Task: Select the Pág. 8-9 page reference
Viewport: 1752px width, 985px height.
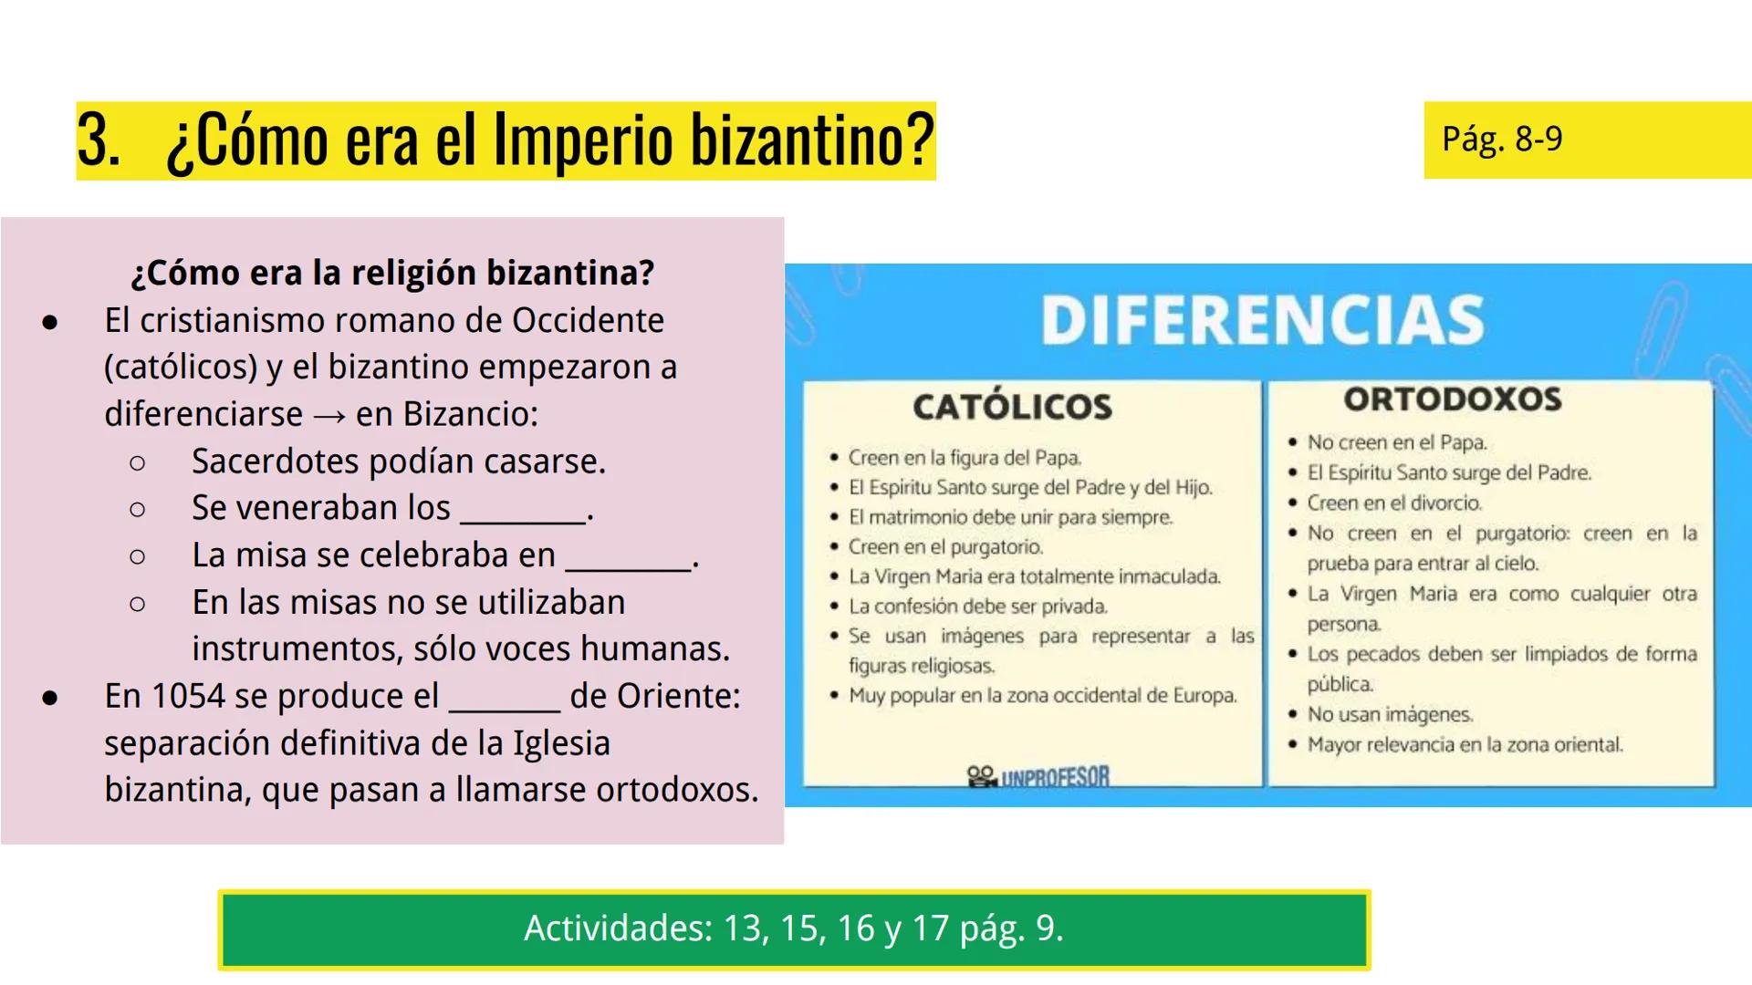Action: pos(1502,140)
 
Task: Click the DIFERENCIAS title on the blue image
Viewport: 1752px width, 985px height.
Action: pos(1263,320)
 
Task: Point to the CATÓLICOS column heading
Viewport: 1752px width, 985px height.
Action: pos(1013,407)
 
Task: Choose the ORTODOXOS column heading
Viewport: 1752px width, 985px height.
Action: pos(1453,399)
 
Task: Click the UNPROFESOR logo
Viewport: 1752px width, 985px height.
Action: pos(1038,777)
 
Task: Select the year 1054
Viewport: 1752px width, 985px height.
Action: pos(188,696)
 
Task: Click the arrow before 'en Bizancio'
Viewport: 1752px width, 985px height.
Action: pos(329,416)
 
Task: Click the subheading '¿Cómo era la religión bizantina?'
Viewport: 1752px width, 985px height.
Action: pos(393,273)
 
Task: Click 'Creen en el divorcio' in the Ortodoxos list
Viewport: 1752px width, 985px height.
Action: pos(1394,503)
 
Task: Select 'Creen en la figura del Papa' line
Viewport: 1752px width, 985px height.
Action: pos(965,458)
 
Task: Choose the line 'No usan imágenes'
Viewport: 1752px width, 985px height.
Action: pos(1390,715)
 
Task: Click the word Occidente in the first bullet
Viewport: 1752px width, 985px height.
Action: pos(588,320)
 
